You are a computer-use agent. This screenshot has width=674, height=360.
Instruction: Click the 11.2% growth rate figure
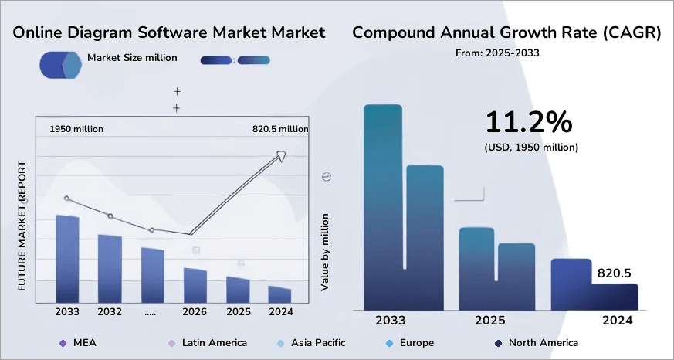click(529, 122)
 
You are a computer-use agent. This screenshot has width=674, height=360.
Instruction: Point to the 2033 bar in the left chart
click(68, 259)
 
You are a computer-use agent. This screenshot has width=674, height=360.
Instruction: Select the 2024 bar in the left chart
click(279, 295)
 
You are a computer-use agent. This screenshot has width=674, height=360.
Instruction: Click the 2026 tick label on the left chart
click(195, 311)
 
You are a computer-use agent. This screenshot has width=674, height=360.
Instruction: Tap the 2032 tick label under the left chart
click(110, 311)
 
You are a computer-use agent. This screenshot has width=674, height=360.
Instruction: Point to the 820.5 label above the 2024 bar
click(615, 273)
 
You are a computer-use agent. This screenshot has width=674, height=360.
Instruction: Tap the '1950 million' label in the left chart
click(76, 129)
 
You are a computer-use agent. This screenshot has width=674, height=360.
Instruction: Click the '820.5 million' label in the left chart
click(280, 129)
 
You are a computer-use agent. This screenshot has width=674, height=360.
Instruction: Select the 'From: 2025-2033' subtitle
click(498, 53)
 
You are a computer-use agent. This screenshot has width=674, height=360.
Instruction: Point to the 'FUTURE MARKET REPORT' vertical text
click(22, 226)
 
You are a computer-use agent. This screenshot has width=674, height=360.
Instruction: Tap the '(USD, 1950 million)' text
click(531, 146)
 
